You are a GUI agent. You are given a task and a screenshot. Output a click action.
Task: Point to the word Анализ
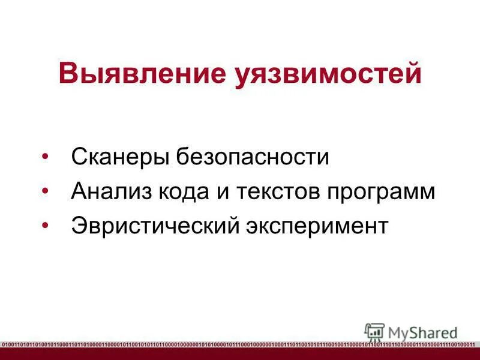[112, 191]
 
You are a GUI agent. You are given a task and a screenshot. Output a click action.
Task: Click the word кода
[185, 191]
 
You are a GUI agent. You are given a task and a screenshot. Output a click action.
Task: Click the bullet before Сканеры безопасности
[46, 157]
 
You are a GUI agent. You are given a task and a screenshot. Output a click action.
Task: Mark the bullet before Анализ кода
[46, 191]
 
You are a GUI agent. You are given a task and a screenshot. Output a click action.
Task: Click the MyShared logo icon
[374, 331]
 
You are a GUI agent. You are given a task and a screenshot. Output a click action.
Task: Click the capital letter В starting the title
[68, 74]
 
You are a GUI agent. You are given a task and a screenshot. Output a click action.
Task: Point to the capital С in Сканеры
[78, 157]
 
